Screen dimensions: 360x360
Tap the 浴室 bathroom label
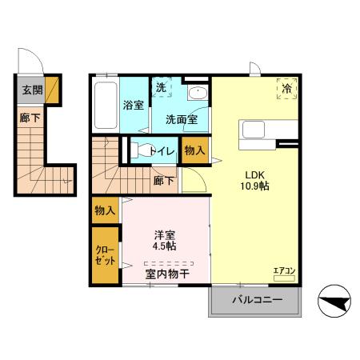pyautogui.click(x=133, y=105)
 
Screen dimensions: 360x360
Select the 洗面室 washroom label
pyautogui.click(x=182, y=120)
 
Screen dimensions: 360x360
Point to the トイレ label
pyautogui.click(x=163, y=149)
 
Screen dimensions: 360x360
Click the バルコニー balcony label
pyautogui.click(x=257, y=300)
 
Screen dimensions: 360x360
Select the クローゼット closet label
pyautogui.click(x=104, y=255)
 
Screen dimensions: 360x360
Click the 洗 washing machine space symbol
pyautogui.click(x=161, y=87)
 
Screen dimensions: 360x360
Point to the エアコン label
pyautogui.click(x=284, y=271)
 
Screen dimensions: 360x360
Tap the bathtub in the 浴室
pyautogui.click(x=105, y=104)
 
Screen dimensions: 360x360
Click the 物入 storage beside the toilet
pyautogui.click(x=194, y=150)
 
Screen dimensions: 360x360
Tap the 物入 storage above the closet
pyautogui.click(x=105, y=210)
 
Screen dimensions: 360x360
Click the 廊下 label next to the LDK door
pyautogui.click(x=163, y=180)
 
